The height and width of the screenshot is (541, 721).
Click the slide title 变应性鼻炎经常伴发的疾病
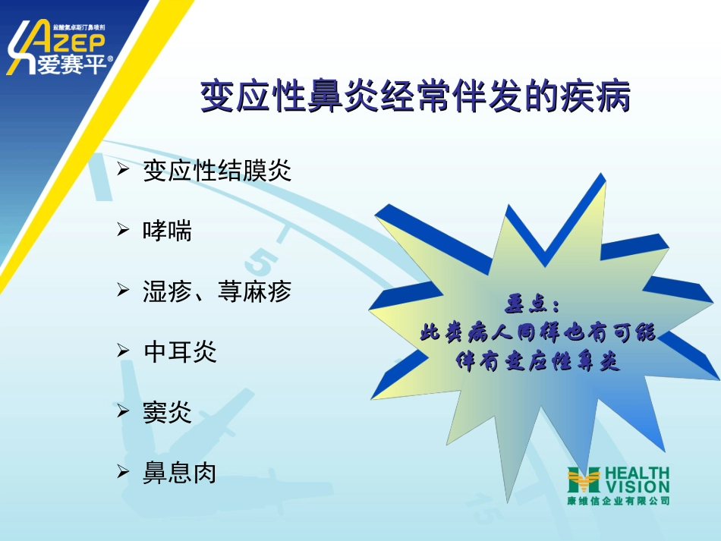pos(415,98)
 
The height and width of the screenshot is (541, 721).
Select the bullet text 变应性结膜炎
pos(217,170)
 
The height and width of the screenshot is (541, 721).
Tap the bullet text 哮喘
pos(168,231)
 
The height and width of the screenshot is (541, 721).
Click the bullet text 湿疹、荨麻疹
pos(217,291)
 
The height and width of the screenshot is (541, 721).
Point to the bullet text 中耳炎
pos(180,352)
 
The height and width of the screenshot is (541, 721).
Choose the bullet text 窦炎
pos(168,413)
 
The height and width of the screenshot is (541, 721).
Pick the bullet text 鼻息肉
pos(180,473)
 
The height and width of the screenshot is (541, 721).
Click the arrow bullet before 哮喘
pos(123,229)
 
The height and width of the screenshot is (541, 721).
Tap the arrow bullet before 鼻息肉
pos(123,472)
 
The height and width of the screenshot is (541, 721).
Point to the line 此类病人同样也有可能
pos(537,333)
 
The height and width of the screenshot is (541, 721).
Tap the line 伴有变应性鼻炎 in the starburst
pos(537,362)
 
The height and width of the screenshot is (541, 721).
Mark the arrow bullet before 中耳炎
pos(123,351)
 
